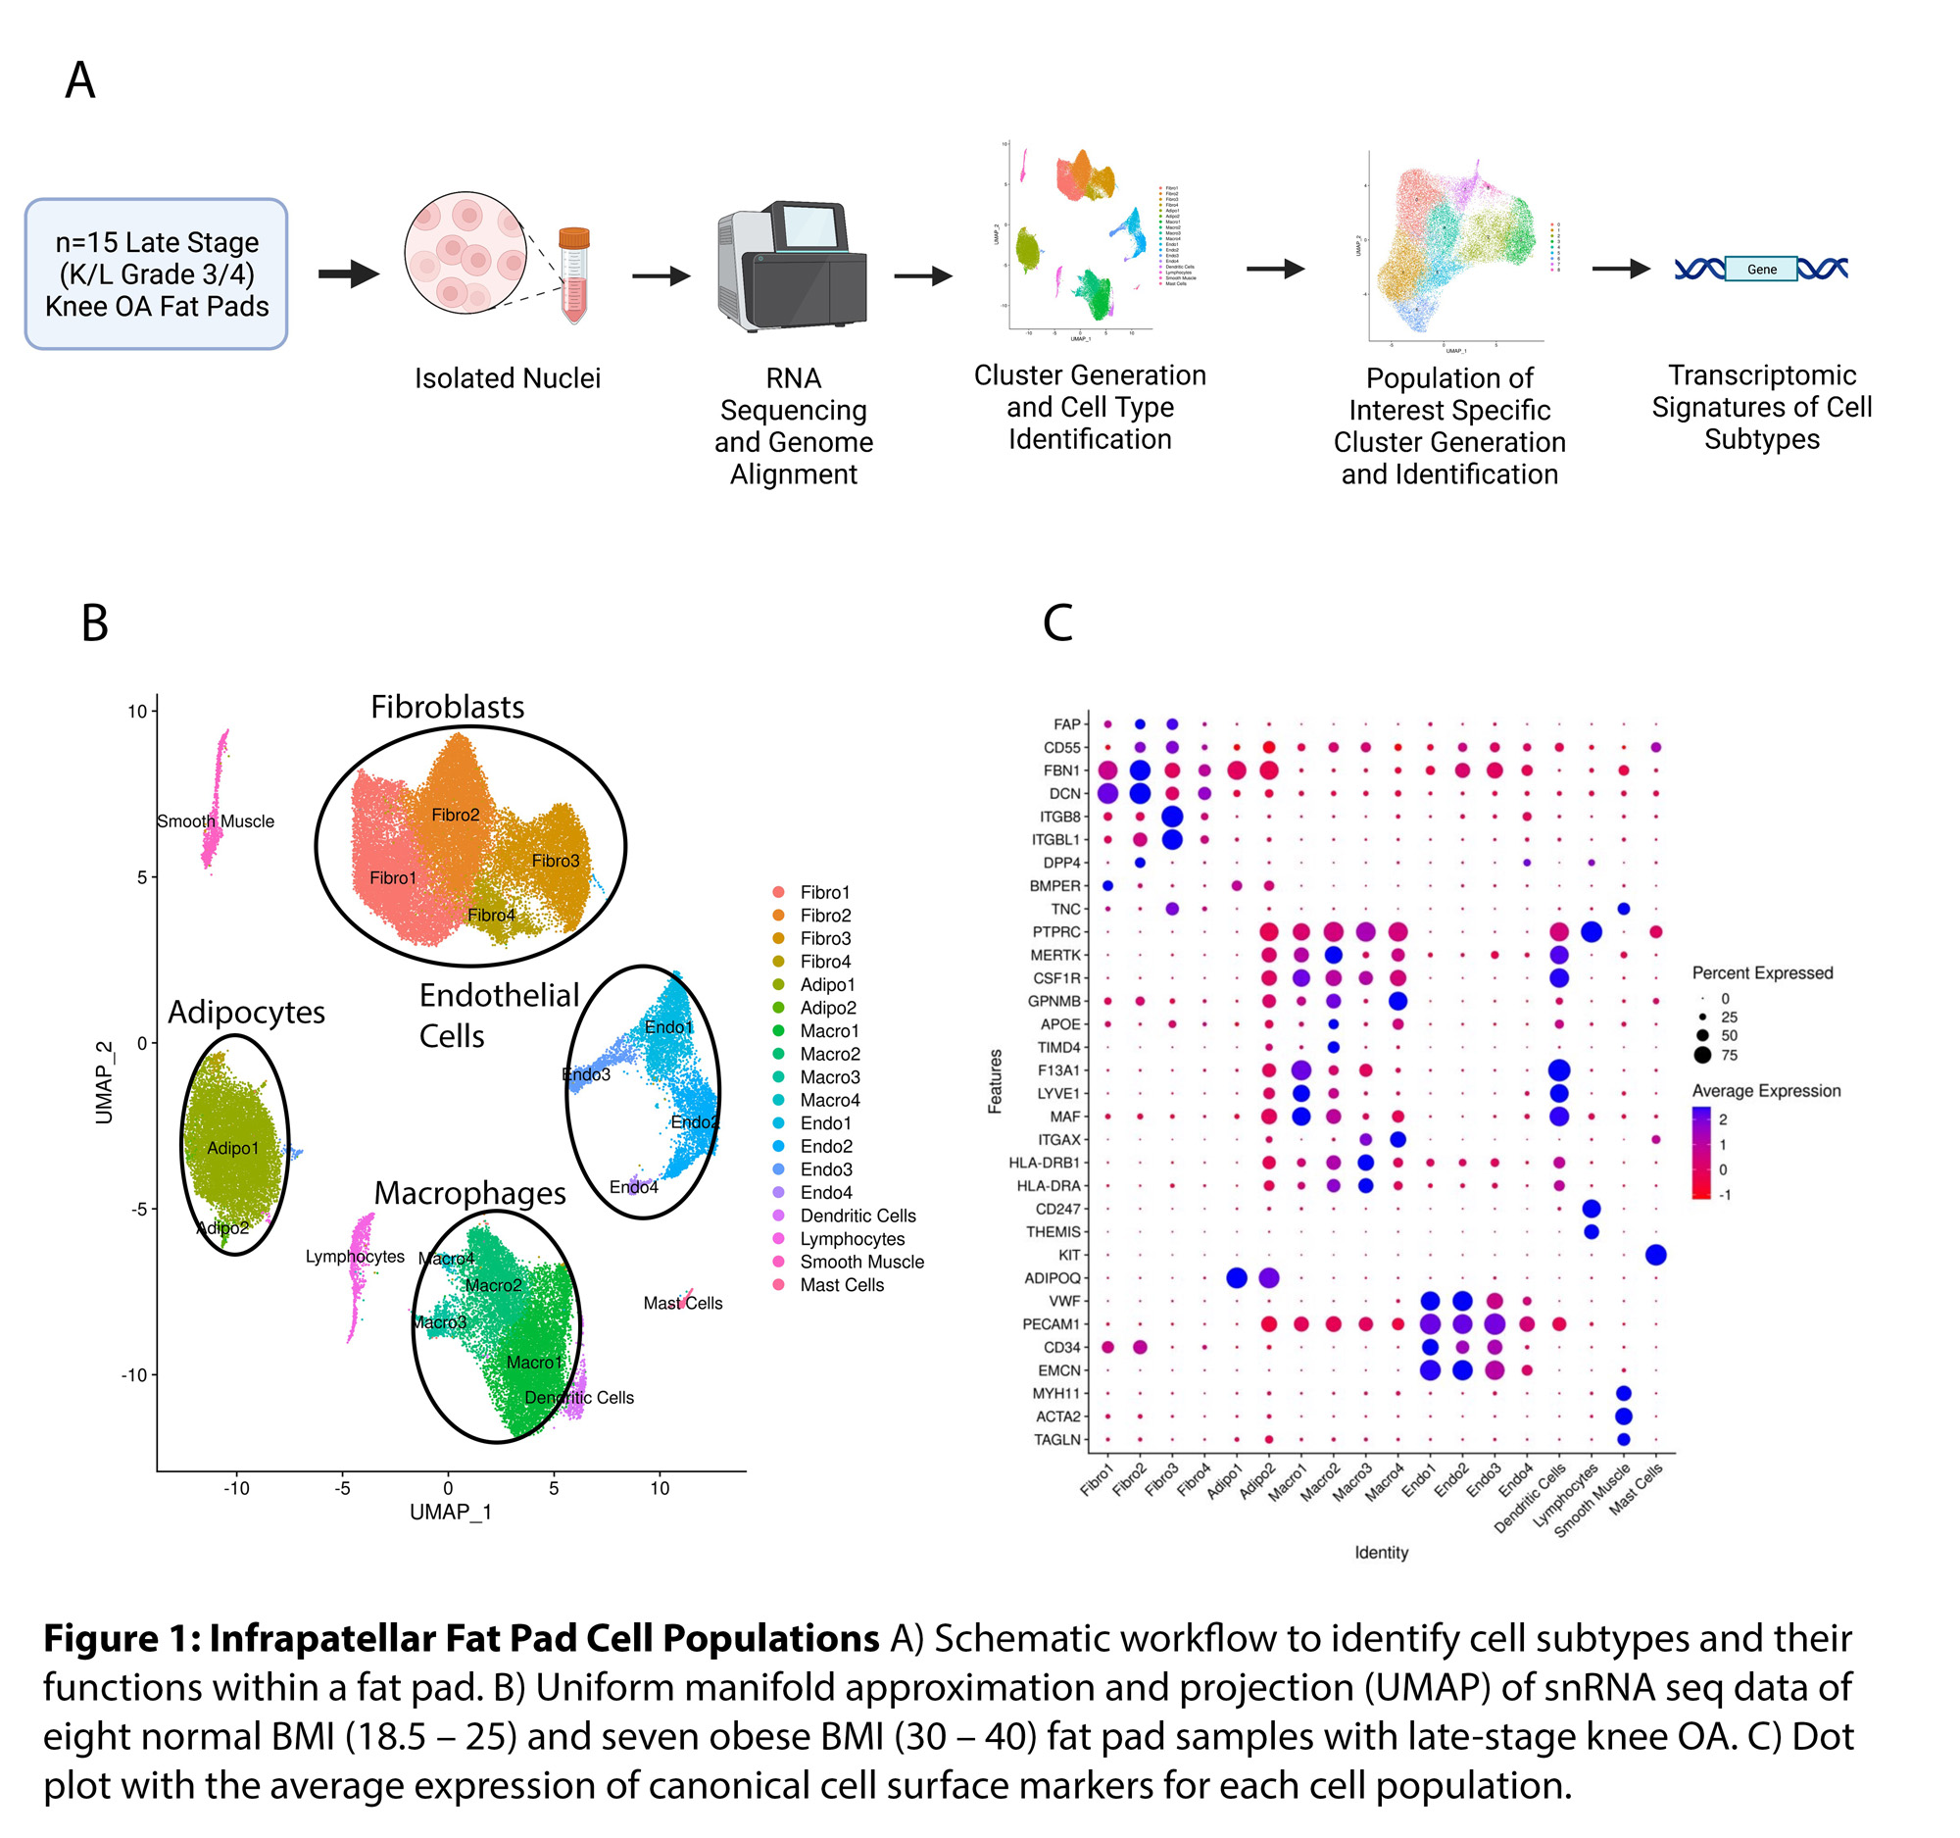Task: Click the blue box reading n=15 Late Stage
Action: [156, 274]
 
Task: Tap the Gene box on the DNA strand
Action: [1761, 270]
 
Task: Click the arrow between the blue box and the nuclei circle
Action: [348, 274]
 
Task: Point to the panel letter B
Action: [95, 623]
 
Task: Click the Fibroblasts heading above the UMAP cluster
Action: [447, 707]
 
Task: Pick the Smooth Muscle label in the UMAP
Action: [216, 821]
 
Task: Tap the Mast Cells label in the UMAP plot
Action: [682, 1304]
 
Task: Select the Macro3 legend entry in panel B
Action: [829, 1076]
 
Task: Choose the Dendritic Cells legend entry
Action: [857, 1216]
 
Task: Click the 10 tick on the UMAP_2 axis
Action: [137, 711]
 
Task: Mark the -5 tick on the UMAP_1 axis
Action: [342, 1489]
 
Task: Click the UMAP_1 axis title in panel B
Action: [451, 1513]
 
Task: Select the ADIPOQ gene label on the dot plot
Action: [1052, 1278]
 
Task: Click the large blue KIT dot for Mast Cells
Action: [1655, 1256]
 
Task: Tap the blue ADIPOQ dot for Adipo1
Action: [1237, 1278]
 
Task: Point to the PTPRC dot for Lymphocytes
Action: [1591, 932]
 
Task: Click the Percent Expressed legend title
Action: [1762, 973]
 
